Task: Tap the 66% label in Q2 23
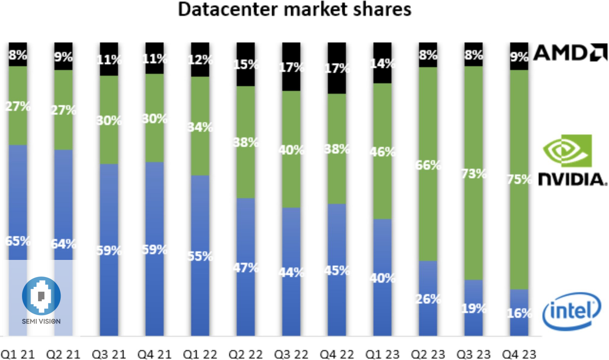point(429,165)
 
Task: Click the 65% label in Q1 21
point(18,241)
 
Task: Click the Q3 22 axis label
point(292,354)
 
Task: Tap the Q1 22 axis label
point(200,354)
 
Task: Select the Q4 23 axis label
point(519,354)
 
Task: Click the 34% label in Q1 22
point(201,127)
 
